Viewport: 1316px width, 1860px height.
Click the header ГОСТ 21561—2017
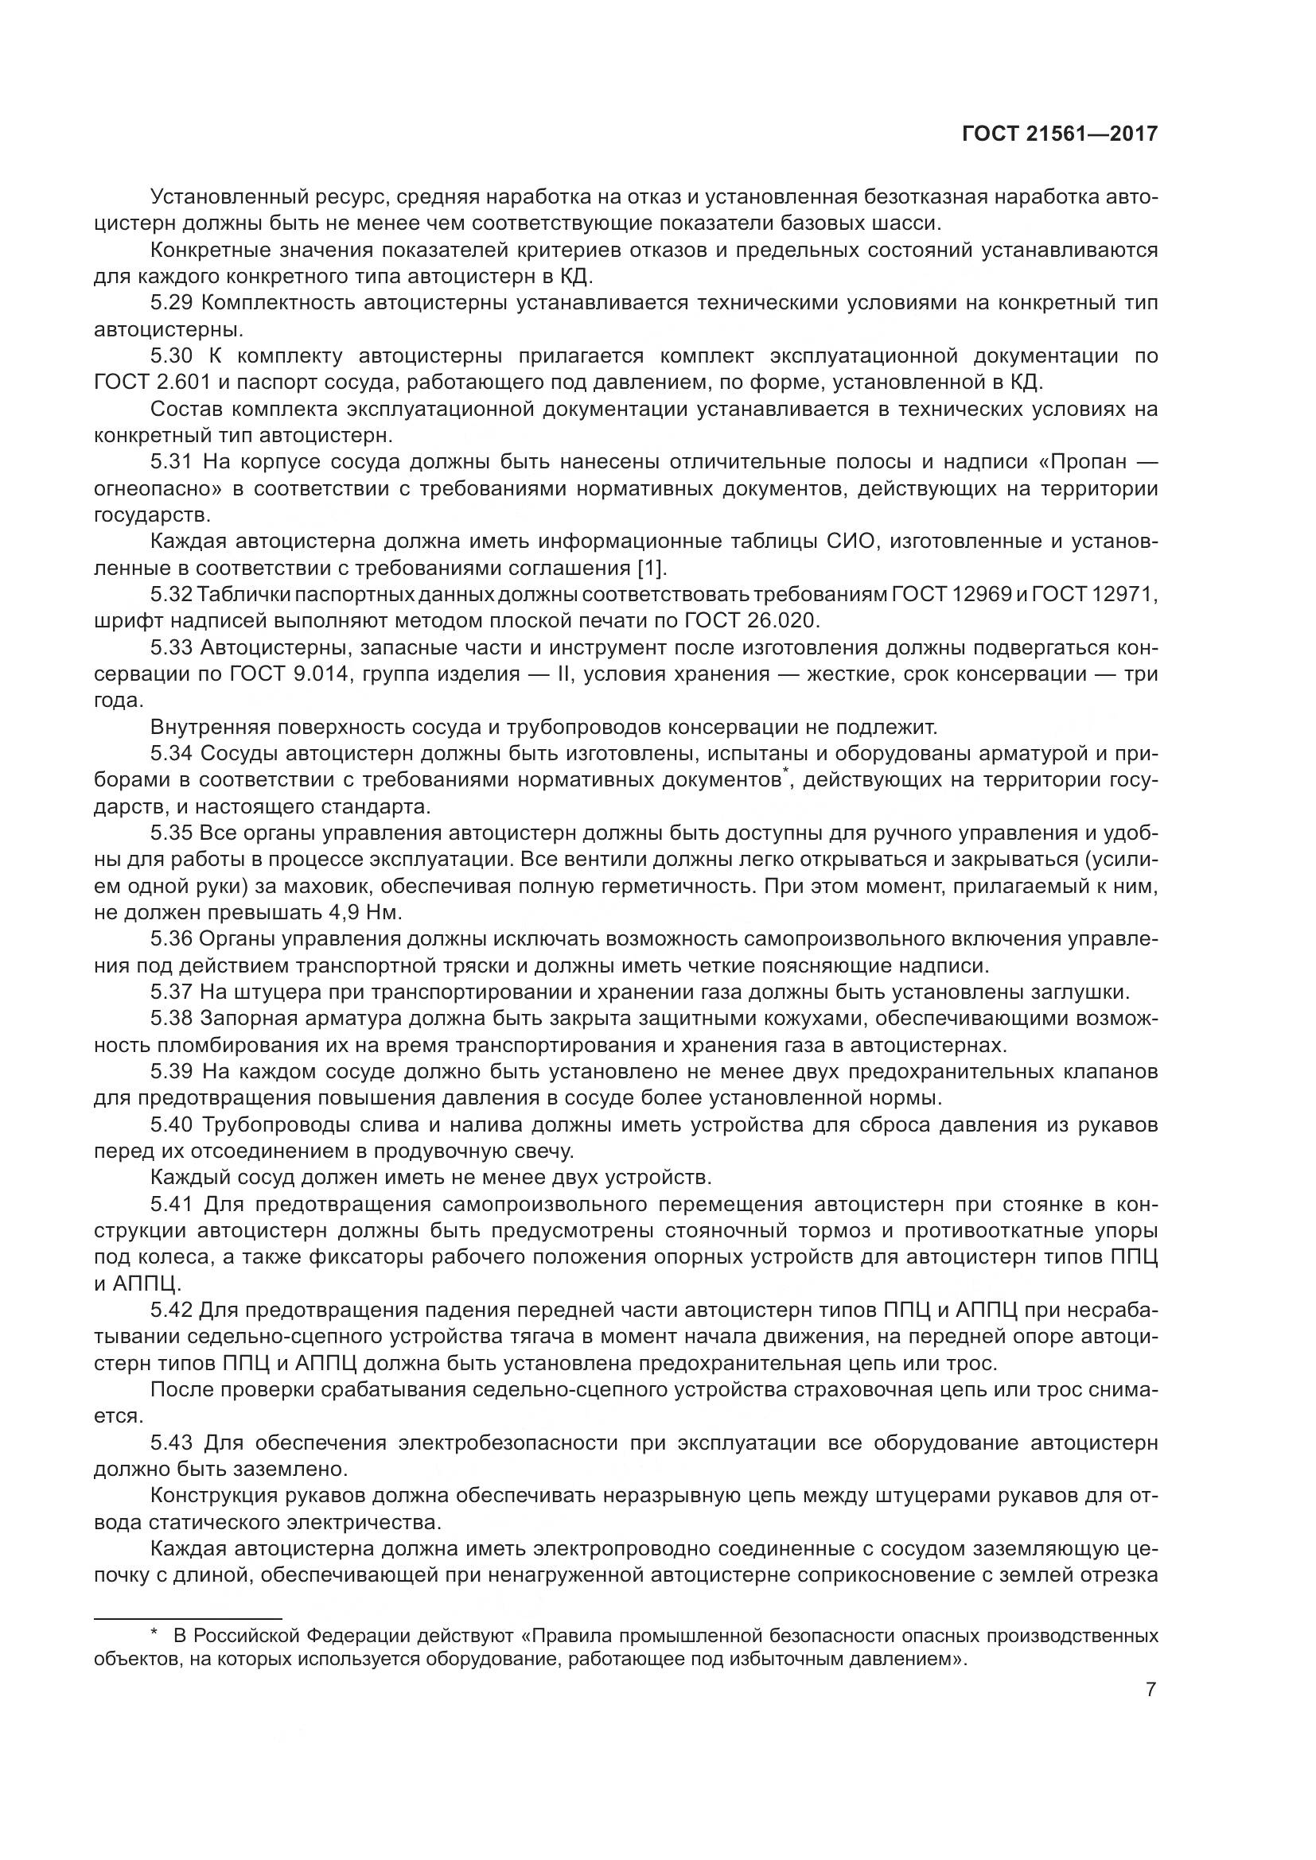coord(1060,133)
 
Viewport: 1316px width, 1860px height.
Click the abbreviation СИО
coord(851,542)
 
